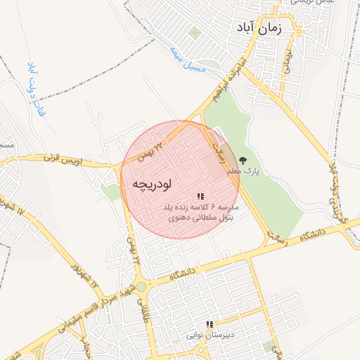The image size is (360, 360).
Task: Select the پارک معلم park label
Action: pos(243,171)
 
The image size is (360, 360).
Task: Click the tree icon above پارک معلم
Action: pos(243,160)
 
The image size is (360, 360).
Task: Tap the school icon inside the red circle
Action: pos(200,197)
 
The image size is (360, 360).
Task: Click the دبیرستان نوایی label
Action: pos(209,335)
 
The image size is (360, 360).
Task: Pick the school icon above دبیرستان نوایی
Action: pos(209,324)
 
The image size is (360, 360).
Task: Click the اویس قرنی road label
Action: pos(63,159)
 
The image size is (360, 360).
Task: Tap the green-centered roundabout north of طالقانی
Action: pos(141,287)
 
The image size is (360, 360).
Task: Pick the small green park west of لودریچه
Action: pos(110,191)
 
